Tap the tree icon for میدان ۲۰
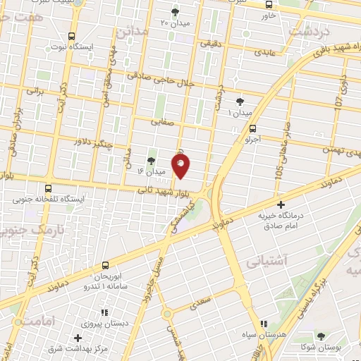(x=176, y=11)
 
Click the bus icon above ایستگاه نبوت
(x=71, y=37)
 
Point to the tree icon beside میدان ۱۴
(x=152, y=160)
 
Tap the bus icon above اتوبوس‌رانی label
(x=105, y=265)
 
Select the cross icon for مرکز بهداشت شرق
(x=78, y=338)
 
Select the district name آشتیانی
(x=267, y=261)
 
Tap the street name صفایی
(x=161, y=122)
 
